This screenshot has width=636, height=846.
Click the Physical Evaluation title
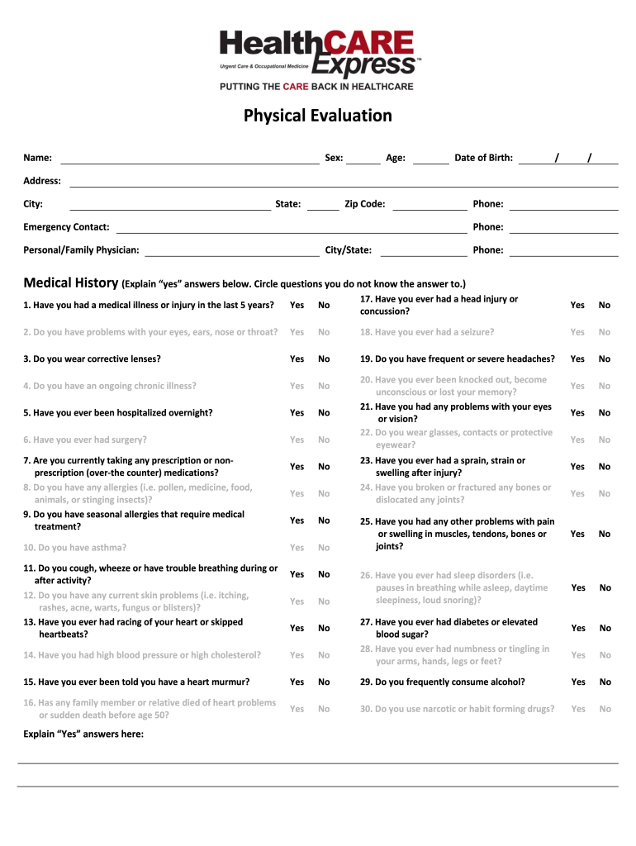pyautogui.click(x=318, y=116)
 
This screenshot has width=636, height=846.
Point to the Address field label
pyautogui.click(x=42, y=181)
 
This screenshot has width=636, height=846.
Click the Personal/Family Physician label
pyautogui.click(x=81, y=250)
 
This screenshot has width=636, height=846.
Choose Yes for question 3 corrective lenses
pyautogui.click(x=297, y=359)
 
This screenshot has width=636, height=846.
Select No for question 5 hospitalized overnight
pyautogui.click(x=324, y=413)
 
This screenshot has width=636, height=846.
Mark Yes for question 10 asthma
pyautogui.click(x=297, y=548)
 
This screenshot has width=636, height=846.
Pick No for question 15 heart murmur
pyautogui.click(x=324, y=682)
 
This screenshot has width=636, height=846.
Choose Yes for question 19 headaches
pyautogui.click(x=577, y=359)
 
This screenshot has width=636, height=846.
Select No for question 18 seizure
pyautogui.click(x=605, y=332)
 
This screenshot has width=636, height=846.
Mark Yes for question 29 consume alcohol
pyautogui.click(x=578, y=682)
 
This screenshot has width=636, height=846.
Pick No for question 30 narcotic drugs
pyautogui.click(x=605, y=709)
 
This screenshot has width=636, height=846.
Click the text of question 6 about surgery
pyautogui.click(x=85, y=440)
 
